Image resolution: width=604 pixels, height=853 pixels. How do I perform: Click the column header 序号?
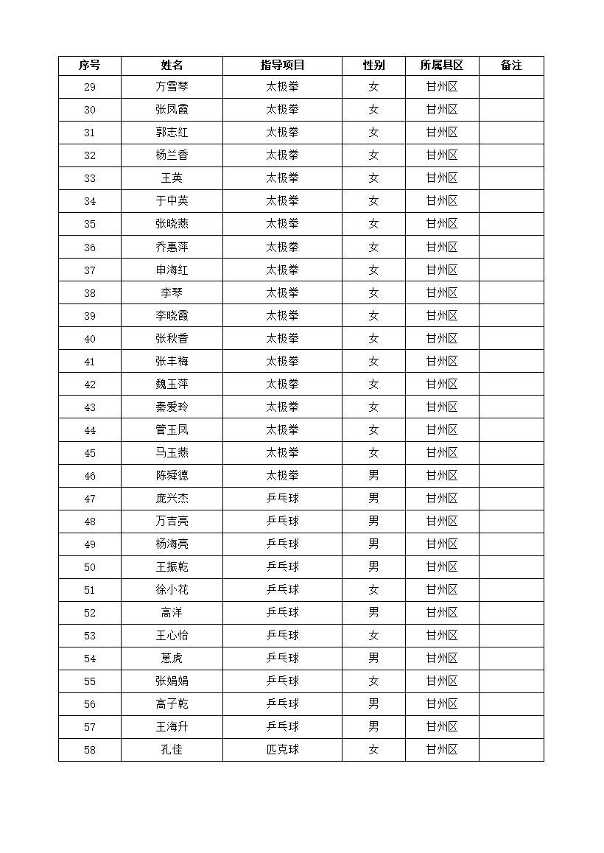tap(90, 66)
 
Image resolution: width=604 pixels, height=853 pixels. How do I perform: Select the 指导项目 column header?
tap(282, 66)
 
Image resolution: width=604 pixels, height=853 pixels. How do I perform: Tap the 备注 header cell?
tap(511, 66)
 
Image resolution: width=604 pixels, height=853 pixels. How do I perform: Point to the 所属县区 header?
tap(442, 66)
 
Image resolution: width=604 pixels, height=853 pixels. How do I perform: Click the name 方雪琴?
tap(172, 87)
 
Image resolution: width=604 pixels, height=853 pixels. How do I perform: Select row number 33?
tap(90, 178)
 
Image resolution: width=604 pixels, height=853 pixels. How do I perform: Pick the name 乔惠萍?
tap(172, 247)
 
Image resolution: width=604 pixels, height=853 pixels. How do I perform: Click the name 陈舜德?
tap(172, 475)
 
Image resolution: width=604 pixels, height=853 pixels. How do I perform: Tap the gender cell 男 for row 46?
tap(373, 475)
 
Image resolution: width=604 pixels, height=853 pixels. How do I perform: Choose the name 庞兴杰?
tap(172, 498)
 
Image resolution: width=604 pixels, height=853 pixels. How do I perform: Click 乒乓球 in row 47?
tap(282, 498)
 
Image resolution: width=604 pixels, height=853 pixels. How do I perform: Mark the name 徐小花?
tap(172, 589)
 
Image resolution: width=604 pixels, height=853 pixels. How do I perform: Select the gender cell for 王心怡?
tap(373, 635)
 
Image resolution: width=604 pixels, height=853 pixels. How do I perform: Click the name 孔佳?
tap(172, 750)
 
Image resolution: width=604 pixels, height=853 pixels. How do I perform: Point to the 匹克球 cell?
tap(282, 750)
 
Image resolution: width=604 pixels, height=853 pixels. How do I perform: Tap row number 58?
tap(90, 750)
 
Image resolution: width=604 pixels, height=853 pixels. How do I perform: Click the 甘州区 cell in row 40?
tap(442, 338)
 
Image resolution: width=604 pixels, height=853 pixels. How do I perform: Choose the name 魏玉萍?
tap(172, 384)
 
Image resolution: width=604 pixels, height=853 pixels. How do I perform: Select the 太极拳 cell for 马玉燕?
tap(282, 452)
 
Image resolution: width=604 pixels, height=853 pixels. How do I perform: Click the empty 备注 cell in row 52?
tap(511, 612)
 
